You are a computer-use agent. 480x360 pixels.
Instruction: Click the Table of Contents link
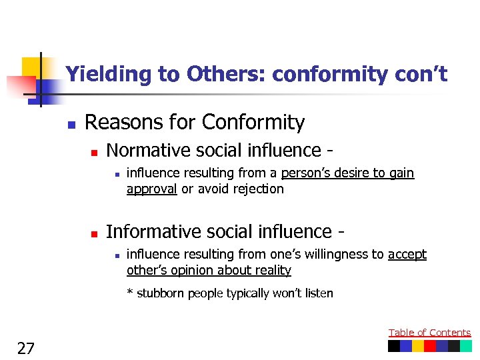429,333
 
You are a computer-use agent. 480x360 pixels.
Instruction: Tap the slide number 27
26,348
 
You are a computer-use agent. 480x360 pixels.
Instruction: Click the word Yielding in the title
109,74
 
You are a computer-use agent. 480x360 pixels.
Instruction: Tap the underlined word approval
151,189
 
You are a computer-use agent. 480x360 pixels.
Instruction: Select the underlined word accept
407,254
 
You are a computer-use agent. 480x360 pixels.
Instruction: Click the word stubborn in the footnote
160,293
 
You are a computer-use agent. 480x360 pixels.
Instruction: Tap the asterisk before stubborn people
130,293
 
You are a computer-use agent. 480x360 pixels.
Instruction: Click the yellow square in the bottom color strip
418,346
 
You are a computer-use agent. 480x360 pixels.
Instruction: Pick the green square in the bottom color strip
465,346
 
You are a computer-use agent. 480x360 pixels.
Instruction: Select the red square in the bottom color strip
430,346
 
